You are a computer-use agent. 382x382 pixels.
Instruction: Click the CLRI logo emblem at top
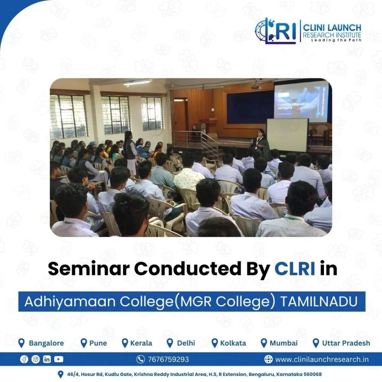click(x=276, y=31)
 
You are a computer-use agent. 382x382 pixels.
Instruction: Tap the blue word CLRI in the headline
click(x=295, y=269)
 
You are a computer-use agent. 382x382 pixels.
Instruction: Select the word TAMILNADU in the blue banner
click(x=319, y=301)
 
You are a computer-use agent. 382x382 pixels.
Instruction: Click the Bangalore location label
click(x=46, y=343)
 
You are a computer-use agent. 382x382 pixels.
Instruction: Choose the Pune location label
click(x=98, y=343)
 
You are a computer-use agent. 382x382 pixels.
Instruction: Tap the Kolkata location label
click(x=233, y=343)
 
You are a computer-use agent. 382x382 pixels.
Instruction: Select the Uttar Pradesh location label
click(x=346, y=343)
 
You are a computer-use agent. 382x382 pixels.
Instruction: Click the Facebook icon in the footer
click(x=24, y=359)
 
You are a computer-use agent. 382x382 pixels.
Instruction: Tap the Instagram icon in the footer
click(x=35, y=359)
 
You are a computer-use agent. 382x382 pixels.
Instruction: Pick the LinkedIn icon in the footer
click(x=47, y=359)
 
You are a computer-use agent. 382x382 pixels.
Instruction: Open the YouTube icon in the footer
click(x=59, y=359)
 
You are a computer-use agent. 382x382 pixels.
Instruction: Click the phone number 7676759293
click(x=168, y=359)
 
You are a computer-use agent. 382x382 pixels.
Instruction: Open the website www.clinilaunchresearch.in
click(x=322, y=359)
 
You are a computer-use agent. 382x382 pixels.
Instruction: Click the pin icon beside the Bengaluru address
click(x=60, y=374)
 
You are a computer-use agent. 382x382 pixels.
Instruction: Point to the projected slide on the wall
click(x=301, y=101)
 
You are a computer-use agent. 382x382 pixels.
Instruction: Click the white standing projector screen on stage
click(x=287, y=135)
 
